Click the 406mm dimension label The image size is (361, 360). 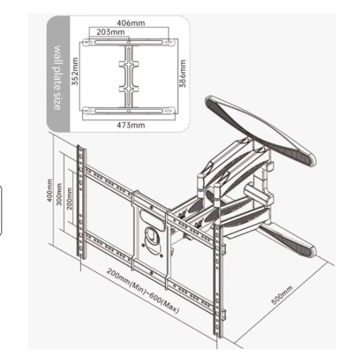130,22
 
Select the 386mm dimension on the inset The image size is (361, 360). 183,74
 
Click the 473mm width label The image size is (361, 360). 130,125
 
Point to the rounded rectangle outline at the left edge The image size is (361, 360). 4,209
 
